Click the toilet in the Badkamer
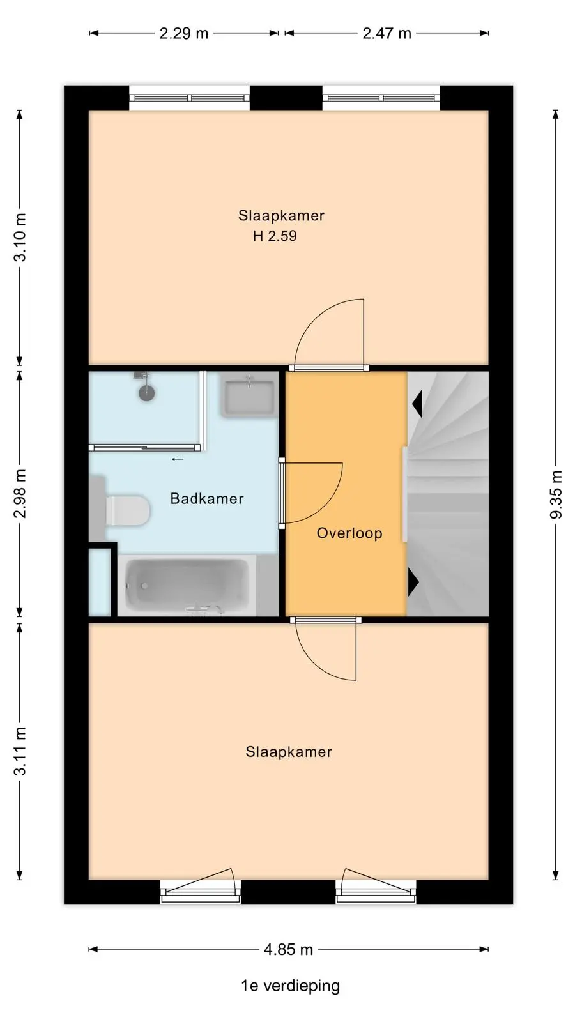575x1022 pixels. pos(128,510)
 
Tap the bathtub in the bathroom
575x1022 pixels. pos(187,585)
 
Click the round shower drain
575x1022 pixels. pos(146,393)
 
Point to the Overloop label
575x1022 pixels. pos(349,533)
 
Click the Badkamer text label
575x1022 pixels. pos(207,498)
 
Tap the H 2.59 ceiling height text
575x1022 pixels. pos(275,236)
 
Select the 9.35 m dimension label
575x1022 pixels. pos(556,494)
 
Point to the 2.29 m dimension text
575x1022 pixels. pos(184,33)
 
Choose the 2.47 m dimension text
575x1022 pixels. pos(387,33)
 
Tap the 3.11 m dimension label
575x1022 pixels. pos(20,751)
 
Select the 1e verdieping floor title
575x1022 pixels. pos(290,986)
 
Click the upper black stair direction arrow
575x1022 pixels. pos(417,404)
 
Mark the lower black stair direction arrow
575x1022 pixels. pos(413,582)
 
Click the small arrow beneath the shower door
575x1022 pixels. pos(178,459)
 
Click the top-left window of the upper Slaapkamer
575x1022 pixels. pos(189,98)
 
